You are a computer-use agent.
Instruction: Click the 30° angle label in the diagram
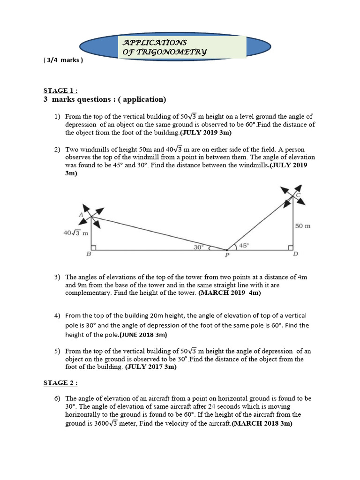tap(198, 247)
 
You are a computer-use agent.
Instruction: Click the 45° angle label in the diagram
tap(244, 245)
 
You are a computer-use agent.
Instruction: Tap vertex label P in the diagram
tap(226, 255)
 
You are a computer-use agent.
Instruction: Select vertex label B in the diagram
tap(89, 255)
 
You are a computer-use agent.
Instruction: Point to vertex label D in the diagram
tap(295, 255)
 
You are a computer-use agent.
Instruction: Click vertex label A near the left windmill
tap(81, 214)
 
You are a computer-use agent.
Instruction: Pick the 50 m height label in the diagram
tap(303, 226)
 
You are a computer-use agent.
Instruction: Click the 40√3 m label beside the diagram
tap(75, 233)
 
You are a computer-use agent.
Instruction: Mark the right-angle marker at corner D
tap(291, 247)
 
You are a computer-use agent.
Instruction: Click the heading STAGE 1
tap(60, 90)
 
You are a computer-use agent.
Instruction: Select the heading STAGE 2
tap(60, 383)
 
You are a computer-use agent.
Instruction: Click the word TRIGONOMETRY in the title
tap(165, 52)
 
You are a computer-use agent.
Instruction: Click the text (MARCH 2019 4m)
tap(229, 293)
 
